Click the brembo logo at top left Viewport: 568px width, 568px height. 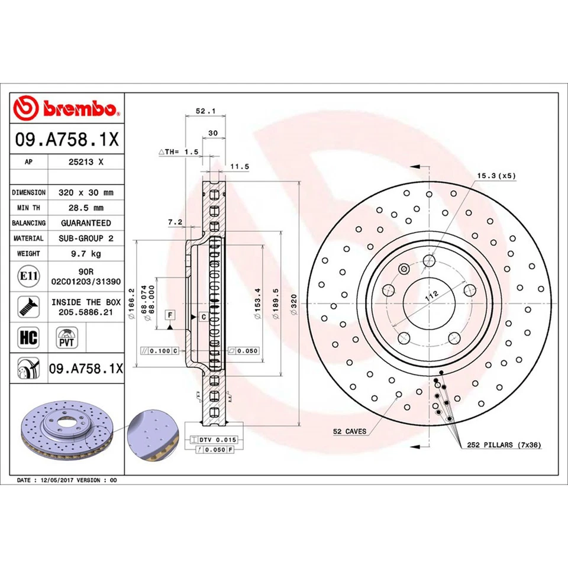(66, 108)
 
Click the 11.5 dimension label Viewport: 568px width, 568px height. (238, 167)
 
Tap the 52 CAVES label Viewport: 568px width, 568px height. (350, 431)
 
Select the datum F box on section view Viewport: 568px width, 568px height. (170, 314)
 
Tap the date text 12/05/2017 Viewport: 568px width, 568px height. (56, 480)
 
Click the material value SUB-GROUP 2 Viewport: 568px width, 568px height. (85, 238)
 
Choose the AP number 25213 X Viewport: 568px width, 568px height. (85, 161)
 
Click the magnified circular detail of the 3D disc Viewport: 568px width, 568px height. (153, 437)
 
